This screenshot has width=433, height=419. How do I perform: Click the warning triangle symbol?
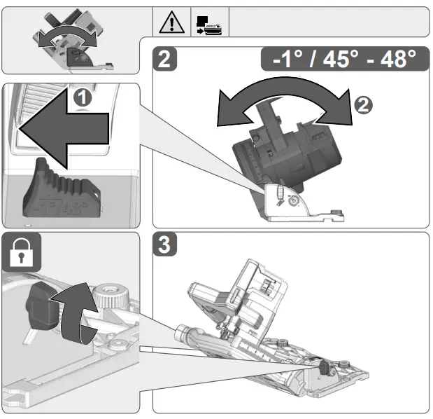click(171, 22)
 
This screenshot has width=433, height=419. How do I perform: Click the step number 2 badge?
click(165, 60)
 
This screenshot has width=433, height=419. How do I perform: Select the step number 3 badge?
click(165, 245)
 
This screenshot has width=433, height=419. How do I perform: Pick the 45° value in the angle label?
click(337, 59)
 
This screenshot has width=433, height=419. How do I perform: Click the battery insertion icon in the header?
click(210, 22)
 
